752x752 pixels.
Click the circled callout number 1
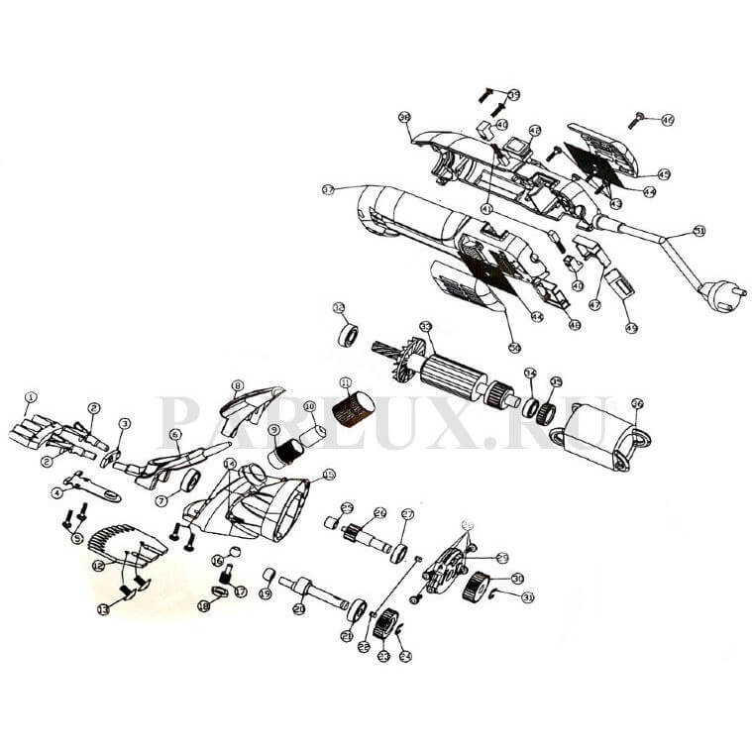(31, 397)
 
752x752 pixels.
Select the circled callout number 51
(698, 231)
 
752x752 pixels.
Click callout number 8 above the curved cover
(238, 385)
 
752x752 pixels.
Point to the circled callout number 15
(329, 475)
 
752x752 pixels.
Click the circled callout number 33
(426, 326)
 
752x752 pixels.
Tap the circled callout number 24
(404, 655)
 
